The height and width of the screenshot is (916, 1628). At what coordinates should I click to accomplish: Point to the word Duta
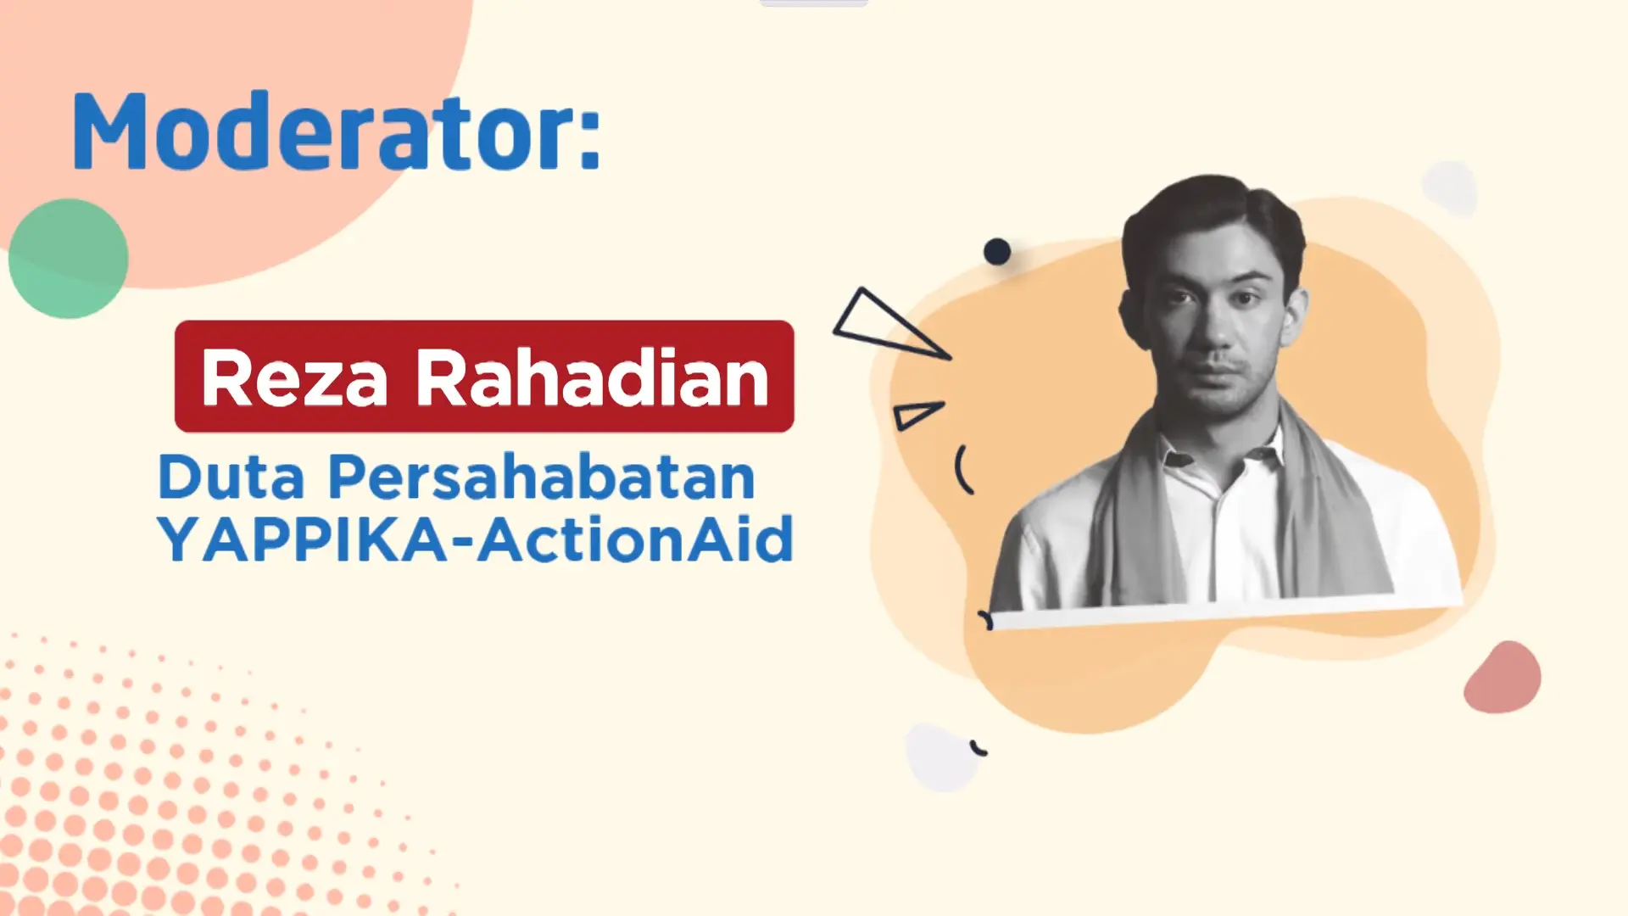231,477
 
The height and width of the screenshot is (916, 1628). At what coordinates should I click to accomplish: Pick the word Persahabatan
541,477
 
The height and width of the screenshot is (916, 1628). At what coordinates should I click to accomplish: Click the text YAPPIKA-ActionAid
475,539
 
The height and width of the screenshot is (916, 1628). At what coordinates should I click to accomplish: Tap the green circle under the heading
68,259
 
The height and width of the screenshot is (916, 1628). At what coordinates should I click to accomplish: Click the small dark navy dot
997,252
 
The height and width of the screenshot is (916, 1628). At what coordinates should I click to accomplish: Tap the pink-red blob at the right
1502,678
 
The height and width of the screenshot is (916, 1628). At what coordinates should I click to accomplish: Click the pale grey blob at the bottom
941,757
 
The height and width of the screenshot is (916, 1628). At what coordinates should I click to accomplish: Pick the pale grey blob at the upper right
1450,187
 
